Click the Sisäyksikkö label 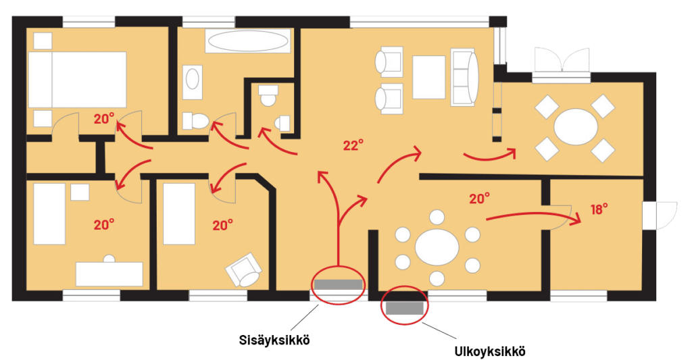pyautogui.click(x=274, y=340)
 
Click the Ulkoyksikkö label pyautogui.click(x=490, y=352)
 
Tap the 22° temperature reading pyautogui.click(x=353, y=145)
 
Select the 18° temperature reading pyautogui.click(x=599, y=209)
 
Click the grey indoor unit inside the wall pyautogui.click(x=338, y=284)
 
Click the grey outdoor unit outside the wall pyautogui.click(x=404, y=307)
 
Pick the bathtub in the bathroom pyautogui.click(x=247, y=42)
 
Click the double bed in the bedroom pyautogui.click(x=78, y=80)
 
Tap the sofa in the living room pyautogui.click(x=465, y=77)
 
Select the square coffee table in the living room pyautogui.click(x=428, y=77)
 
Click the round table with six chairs pyautogui.click(x=437, y=247)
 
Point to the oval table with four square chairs pyautogui.click(x=576, y=127)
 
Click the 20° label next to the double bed pyautogui.click(x=104, y=119)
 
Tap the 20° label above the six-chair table pyautogui.click(x=479, y=199)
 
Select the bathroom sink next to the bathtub pyautogui.click(x=193, y=82)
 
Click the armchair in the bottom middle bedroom pyautogui.click(x=243, y=270)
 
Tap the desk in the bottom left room pyautogui.click(x=109, y=274)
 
